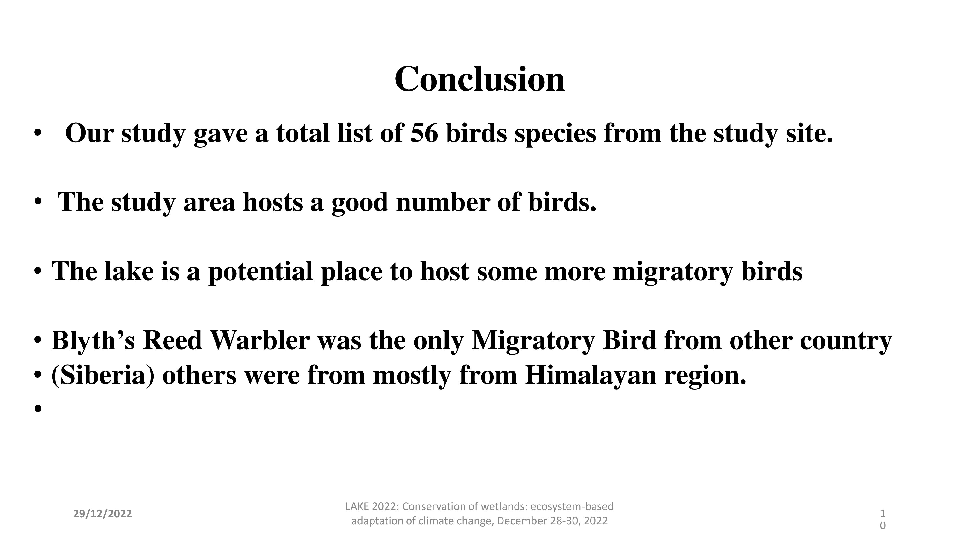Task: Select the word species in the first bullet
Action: [555, 134]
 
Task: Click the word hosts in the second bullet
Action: [273, 202]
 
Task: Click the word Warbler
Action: [260, 340]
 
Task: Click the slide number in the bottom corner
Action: [883, 520]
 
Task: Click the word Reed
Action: [172, 340]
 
